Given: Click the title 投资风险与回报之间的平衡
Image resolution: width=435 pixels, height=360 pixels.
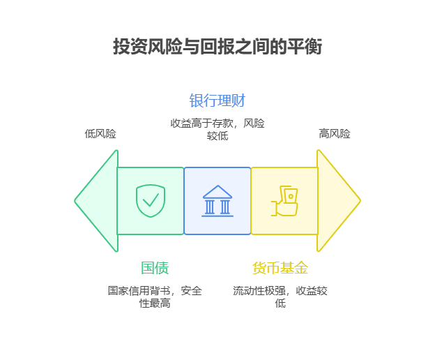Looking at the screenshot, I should [x=217, y=47].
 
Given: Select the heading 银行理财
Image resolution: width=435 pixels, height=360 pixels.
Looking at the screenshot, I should [x=217, y=100].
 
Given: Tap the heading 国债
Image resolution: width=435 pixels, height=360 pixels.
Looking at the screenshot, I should [x=155, y=268].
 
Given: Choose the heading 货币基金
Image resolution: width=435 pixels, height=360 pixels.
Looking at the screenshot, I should [x=280, y=268].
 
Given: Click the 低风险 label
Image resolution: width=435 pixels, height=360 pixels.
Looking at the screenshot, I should [x=100, y=133].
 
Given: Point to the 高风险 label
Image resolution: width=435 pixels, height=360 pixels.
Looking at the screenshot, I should [x=335, y=133].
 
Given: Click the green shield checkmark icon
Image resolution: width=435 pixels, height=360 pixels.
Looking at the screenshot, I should [x=151, y=201].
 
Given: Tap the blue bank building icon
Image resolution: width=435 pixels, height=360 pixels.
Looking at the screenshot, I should [x=217, y=201].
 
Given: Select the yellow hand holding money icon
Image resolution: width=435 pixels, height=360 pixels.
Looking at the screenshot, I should [x=284, y=201].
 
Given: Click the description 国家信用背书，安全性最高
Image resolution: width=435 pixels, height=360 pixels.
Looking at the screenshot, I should [x=155, y=297].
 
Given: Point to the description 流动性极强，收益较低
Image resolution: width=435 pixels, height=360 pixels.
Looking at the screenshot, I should [x=280, y=297].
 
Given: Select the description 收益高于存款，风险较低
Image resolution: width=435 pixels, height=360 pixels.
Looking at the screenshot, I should [x=217, y=129].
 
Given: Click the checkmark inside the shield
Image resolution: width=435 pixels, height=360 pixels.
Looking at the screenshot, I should [x=151, y=202].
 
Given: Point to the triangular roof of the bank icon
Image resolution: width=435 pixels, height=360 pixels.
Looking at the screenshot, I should [x=217, y=191].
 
